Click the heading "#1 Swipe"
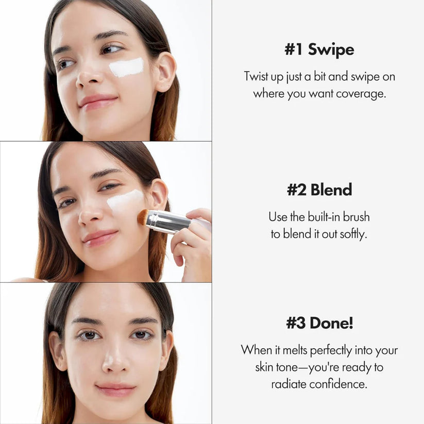(x=319, y=50)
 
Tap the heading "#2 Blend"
(x=319, y=189)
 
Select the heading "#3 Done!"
(x=319, y=323)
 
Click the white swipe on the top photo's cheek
(x=126, y=67)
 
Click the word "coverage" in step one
(x=361, y=94)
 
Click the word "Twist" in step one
(x=256, y=77)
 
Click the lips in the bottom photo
(x=115, y=390)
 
